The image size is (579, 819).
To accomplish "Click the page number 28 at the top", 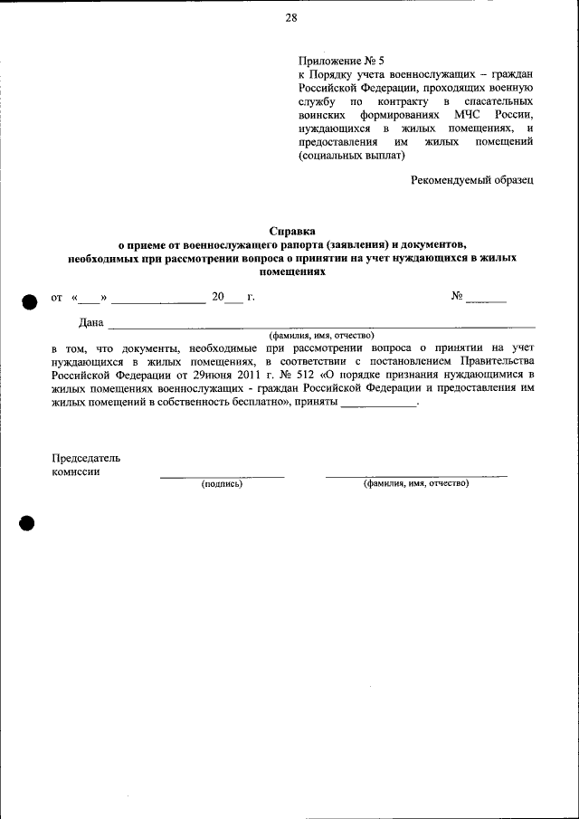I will pos(290,18).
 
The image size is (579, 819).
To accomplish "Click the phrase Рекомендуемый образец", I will pos(471,179).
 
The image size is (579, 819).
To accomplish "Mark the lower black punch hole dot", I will pos(27,523).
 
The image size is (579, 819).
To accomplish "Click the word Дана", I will pos(91,322).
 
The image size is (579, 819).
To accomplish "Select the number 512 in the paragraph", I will pos(299,373).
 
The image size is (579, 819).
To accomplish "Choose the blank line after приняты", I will pos(378,405).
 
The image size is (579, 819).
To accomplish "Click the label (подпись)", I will pos(222,484).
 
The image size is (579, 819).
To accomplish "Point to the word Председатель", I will pos(86,458).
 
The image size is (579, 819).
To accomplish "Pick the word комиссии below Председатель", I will pos(76,471).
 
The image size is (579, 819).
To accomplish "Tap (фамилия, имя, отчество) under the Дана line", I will pos(321,334).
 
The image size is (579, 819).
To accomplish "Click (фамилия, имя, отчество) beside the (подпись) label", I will pos(416,484).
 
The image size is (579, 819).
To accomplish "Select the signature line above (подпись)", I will pos(222,476).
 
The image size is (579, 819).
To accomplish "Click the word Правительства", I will pos(496,359).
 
